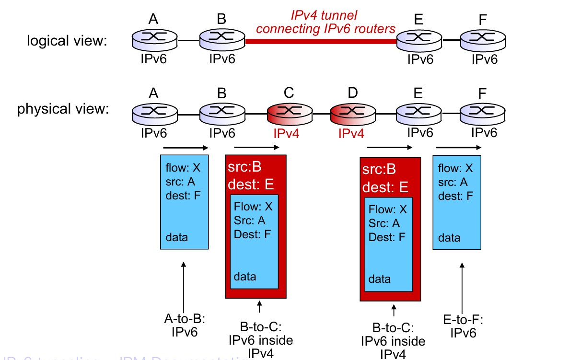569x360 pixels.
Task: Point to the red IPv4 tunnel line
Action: (321, 42)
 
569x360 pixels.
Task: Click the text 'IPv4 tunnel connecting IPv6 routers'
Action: (325, 23)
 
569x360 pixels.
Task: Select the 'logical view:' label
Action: (66, 41)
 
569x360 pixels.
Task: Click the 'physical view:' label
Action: (63, 109)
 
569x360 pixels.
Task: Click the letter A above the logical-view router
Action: (153, 19)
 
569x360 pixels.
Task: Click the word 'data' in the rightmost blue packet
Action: (449, 238)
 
